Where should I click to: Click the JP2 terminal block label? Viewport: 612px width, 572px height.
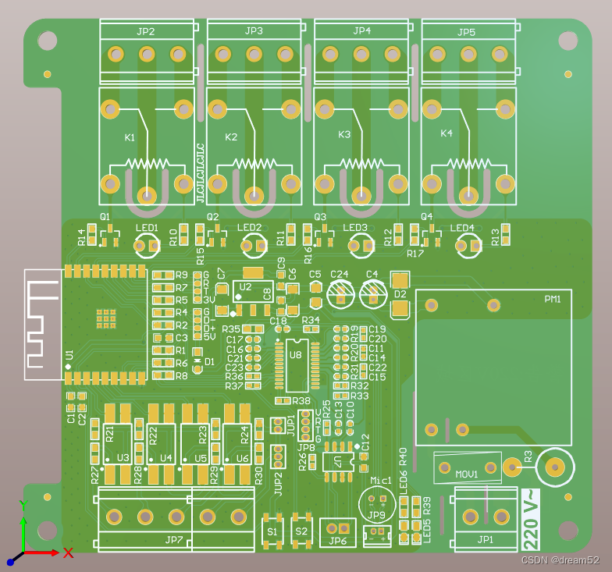145,32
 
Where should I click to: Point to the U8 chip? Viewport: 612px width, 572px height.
295,365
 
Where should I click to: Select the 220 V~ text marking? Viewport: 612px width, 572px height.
528,519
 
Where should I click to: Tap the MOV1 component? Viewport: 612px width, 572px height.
467,468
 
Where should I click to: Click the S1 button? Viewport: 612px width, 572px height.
272,531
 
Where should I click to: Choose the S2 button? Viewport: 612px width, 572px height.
300,531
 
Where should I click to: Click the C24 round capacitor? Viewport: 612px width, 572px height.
340,293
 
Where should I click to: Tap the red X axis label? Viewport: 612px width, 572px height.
68,552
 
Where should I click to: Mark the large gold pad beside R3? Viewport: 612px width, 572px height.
555,467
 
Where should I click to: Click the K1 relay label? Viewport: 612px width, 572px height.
130,137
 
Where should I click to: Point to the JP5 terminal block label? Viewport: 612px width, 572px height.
466,33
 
